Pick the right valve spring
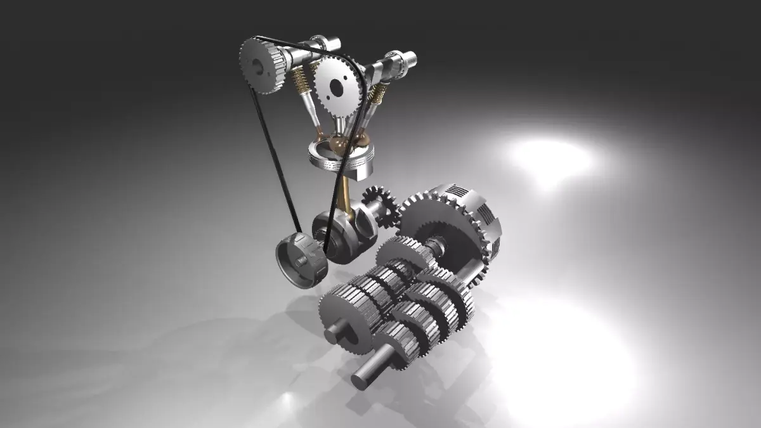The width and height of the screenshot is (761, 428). click(x=378, y=94)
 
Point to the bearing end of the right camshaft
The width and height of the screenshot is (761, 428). click(x=410, y=58)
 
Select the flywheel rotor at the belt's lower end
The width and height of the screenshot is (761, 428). click(x=301, y=260)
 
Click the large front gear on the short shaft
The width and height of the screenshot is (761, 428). click(x=346, y=314)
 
